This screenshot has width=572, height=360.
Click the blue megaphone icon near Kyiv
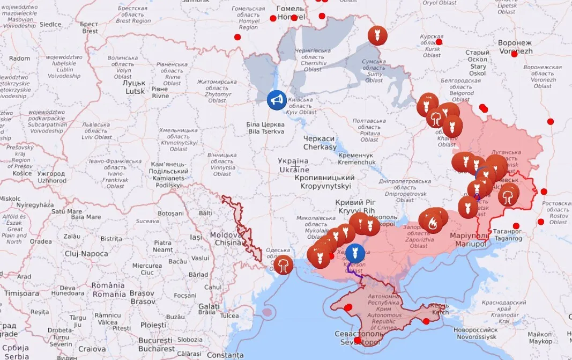(277, 100)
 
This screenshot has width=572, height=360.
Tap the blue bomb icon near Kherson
(354, 253)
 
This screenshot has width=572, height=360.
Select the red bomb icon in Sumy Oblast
(377, 35)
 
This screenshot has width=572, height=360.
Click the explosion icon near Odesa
(283, 264)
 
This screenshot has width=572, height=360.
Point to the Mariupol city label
(470, 240)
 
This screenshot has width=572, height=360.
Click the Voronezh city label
(515, 47)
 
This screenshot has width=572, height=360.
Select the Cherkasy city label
(320, 143)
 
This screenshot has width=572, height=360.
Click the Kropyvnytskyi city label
(325, 182)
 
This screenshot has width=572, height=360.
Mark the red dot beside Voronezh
(514, 54)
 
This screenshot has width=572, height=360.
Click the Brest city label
(89, 27)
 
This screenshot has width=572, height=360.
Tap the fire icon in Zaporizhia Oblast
(433, 221)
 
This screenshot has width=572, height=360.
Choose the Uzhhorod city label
(52, 177)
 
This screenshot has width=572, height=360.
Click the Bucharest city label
(156, 344)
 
